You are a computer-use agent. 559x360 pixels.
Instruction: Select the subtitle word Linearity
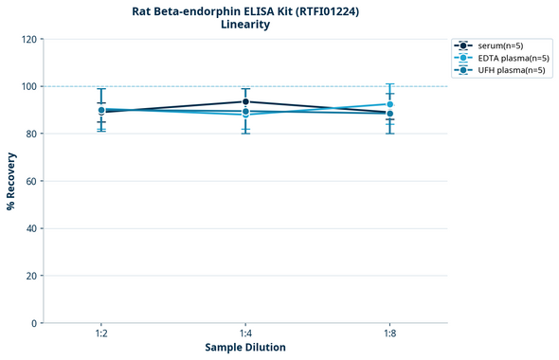point(244,25)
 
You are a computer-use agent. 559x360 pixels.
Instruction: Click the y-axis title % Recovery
point(11,180)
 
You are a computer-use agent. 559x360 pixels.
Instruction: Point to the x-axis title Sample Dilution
point(245,348)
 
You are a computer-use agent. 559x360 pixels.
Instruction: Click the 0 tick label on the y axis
point(33,323)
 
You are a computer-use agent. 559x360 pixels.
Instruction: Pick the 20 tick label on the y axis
point(30,276)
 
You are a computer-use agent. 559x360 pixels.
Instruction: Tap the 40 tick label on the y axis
point(30,228)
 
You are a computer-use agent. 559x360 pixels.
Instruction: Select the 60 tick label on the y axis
point(30,181)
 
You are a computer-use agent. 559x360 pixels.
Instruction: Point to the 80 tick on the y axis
point(30,134)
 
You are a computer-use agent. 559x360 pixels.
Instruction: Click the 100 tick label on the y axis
point(28,86)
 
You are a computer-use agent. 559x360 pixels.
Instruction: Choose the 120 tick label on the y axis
point(28,40)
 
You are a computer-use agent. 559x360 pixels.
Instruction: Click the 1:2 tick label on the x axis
point(101,334)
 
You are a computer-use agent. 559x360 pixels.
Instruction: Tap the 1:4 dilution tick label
point(245,334)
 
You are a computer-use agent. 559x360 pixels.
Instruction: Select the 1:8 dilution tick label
point(389,334)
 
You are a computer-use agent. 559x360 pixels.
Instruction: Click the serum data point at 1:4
point(245,101)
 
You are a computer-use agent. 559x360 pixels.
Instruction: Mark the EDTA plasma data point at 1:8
point(389,104)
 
